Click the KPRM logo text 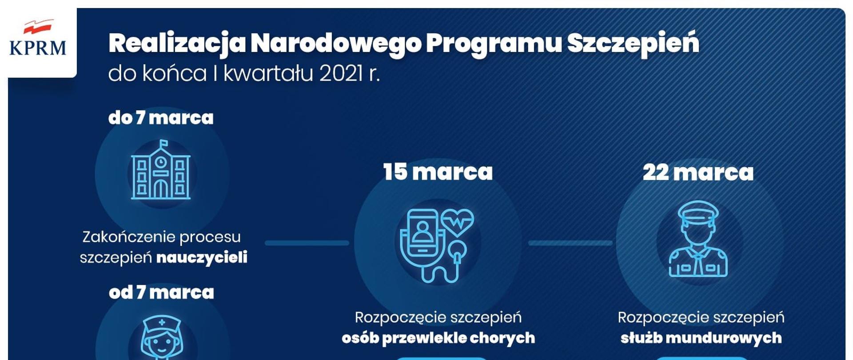(38, 48)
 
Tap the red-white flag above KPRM (38, 27)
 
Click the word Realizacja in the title (177, 44)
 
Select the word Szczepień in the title (633, 44)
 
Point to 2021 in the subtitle (341, 74)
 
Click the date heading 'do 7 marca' (161, 118)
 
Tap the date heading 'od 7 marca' (161, 292)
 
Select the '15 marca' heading (438, 172)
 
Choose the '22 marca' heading (698, 172)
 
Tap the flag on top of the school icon (164, 143)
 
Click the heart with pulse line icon (457, 221)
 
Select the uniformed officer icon (698, 240)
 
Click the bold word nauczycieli (202, 258)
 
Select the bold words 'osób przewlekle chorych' (438, 338)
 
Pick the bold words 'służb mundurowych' (701, 338)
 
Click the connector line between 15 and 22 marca (570, 243)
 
